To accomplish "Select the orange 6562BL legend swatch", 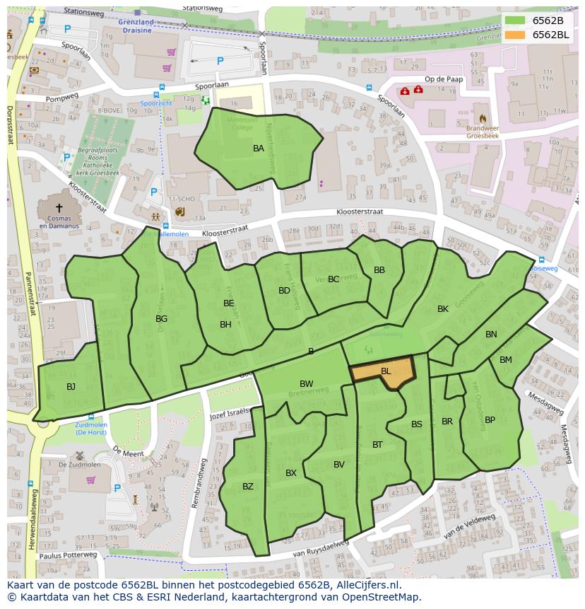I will (x=516, y=35).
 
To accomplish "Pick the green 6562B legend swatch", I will (x=516, y=21).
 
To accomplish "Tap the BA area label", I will (x=259, y=149).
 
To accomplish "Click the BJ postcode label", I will (x=71, y=387).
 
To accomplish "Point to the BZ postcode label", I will (x=248, y=487).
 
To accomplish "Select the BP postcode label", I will (x=490, y=420).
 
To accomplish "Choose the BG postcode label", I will (x=162, y=319).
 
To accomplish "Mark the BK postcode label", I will (x=443, y=309).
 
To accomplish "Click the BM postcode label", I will (x=506, y=360).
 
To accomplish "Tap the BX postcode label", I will (x=291, y=473).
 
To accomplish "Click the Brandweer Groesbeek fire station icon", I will (x=483, y=118).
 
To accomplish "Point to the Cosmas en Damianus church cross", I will (x=59, y=208).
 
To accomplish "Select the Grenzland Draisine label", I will (x=136, y=26).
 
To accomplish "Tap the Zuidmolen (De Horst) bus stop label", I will (x=90, y=428).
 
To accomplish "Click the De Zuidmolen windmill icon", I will (x=80, y=456).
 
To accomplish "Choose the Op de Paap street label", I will (x=444, y=79).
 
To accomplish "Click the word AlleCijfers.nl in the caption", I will (x=367, y=586).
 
